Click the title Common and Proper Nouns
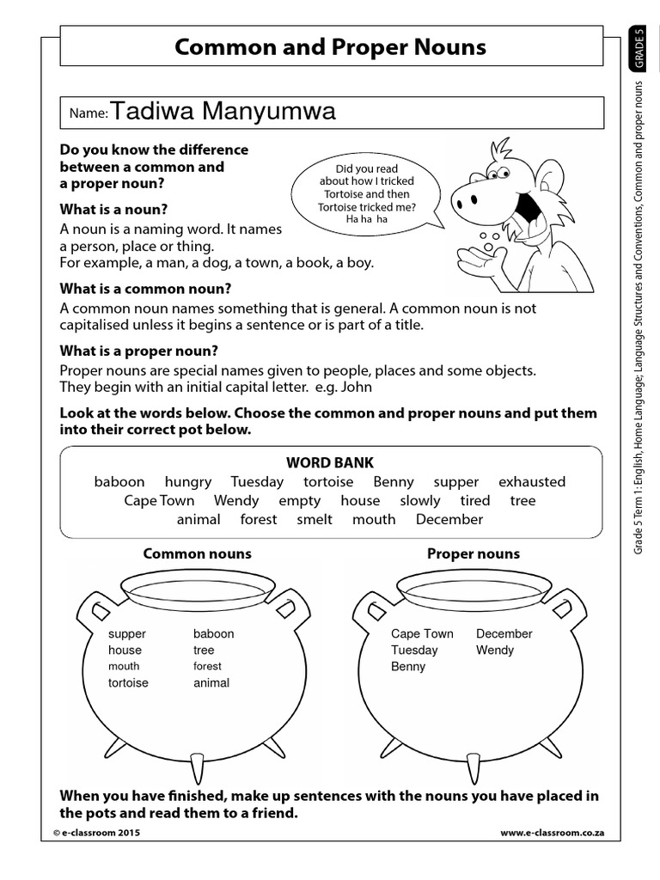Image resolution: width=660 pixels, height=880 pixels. point(330,46)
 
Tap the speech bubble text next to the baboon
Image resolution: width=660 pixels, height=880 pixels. point(367,194)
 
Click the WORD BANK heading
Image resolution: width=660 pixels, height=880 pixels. point(330,462)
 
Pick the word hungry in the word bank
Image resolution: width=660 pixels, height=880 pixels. point(187,482)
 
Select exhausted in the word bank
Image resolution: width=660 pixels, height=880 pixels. point(532,482)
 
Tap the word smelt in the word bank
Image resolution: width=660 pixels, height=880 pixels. point(315,519)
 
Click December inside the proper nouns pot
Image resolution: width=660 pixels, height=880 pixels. point(504,633)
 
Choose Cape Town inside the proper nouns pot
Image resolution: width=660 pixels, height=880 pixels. point(422,633)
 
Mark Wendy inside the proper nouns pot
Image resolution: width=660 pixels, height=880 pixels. point(495,650)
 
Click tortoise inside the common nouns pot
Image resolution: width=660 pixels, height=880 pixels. point(128,682)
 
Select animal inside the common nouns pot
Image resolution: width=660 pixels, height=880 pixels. point(211,682)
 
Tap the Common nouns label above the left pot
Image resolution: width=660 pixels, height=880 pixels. point(197,553)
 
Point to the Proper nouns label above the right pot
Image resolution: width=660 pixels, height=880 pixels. point(474,553)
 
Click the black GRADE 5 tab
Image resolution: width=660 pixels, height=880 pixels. point(638,50)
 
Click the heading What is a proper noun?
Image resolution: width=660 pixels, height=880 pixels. point(138,351)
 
